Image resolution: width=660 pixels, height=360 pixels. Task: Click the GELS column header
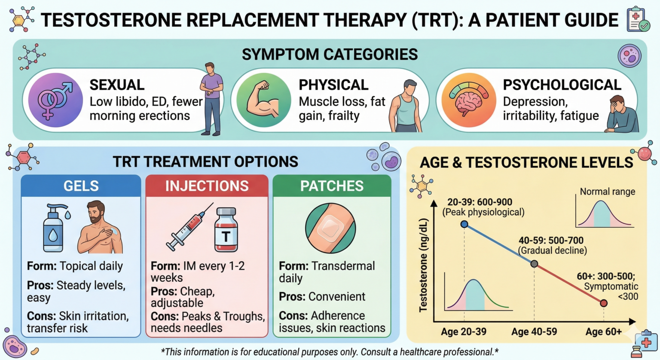point(81,186)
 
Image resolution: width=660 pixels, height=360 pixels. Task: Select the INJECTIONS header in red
point(207,186)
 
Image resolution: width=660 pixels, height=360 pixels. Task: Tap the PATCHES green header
point(332,186)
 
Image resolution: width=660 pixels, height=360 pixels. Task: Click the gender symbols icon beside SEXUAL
point(55,100)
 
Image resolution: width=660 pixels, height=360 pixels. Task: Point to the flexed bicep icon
point(263,100)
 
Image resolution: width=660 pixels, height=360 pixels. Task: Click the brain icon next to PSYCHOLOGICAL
point(469,101)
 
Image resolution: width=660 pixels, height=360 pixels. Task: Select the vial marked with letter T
point(226,229)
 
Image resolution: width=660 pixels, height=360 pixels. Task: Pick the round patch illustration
point(330,228)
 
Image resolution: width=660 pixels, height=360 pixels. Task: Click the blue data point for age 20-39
point(464,224)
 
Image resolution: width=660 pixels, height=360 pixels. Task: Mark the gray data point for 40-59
point(534,264)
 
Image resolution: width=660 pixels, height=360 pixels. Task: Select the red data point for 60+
point(604,303)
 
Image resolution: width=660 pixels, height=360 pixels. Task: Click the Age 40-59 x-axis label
point(534,332)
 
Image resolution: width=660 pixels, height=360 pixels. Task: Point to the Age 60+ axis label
point(604,332)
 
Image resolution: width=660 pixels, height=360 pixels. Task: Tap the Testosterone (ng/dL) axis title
point(424,264)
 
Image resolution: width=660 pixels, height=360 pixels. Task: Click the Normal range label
point(607,192)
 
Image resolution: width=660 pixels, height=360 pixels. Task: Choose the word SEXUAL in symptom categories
point(117,85)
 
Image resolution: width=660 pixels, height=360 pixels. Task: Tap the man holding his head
point(621,114)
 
